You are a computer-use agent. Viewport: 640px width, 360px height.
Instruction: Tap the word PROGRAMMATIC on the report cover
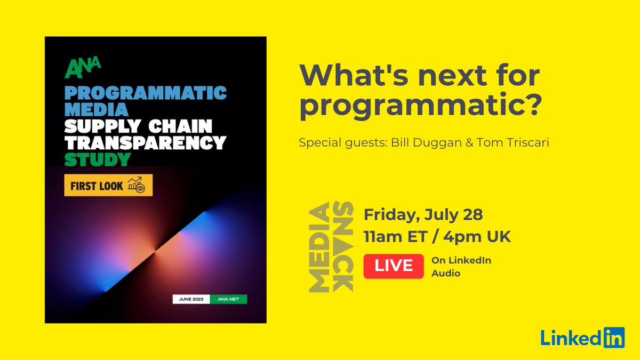pyautogui.click(x=146, y=93)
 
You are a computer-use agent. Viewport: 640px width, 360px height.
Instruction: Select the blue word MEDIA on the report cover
pyautogui.click(x=97, y=110)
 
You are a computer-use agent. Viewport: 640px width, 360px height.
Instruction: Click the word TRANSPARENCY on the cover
pyautogui.click(x=146, y=143)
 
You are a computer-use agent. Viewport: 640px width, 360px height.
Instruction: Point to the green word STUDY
pyautogui.click(x=98, y=159)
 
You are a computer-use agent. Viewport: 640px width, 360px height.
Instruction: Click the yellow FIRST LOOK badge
pyautogui.click(x=108, y=186)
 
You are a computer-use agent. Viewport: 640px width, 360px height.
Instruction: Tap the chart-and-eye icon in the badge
pyautogui.click(x=137, y=186)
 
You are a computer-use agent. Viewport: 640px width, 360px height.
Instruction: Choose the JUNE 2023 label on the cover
pyautogui.click(x=191, y=299)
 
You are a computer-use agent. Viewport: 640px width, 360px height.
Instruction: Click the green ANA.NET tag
pyautogui.click(x=228, y=299)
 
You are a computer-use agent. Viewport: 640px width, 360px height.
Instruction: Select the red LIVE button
pyautogui.click(x=394, y=266)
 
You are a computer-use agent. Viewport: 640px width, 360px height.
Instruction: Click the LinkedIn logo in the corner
pyautogui.click(x=582, y=338)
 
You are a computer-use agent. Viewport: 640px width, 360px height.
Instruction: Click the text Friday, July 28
pyautogui.click(x=423, y=215)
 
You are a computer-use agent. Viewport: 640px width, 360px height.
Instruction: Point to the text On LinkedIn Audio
pyautogui.click(x=461, y=267)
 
